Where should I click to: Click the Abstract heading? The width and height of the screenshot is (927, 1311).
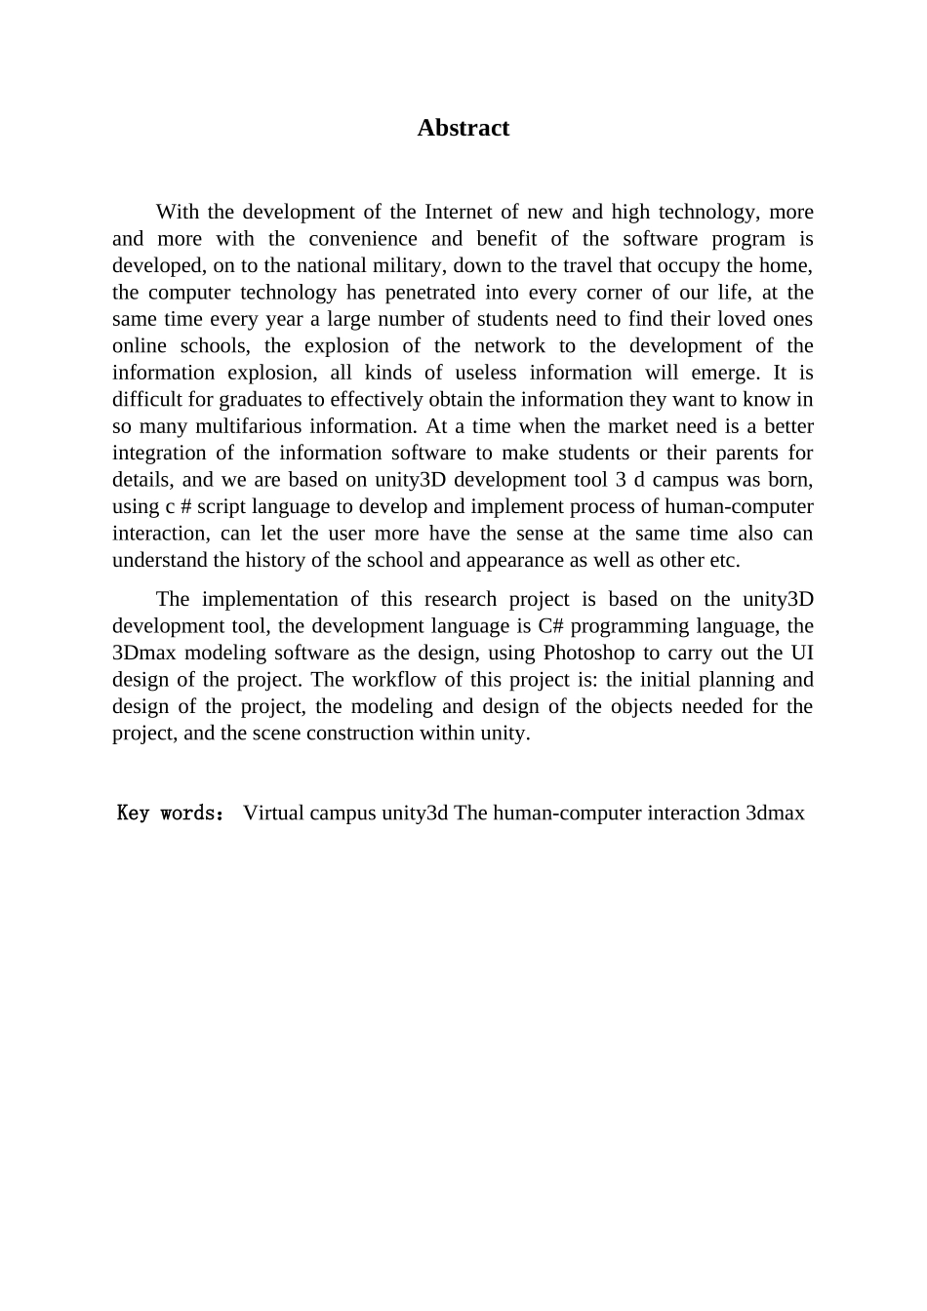463,128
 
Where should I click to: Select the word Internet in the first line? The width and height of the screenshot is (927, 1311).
459,212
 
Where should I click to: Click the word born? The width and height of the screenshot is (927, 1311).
789,479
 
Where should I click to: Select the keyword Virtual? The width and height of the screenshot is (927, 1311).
273,813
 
